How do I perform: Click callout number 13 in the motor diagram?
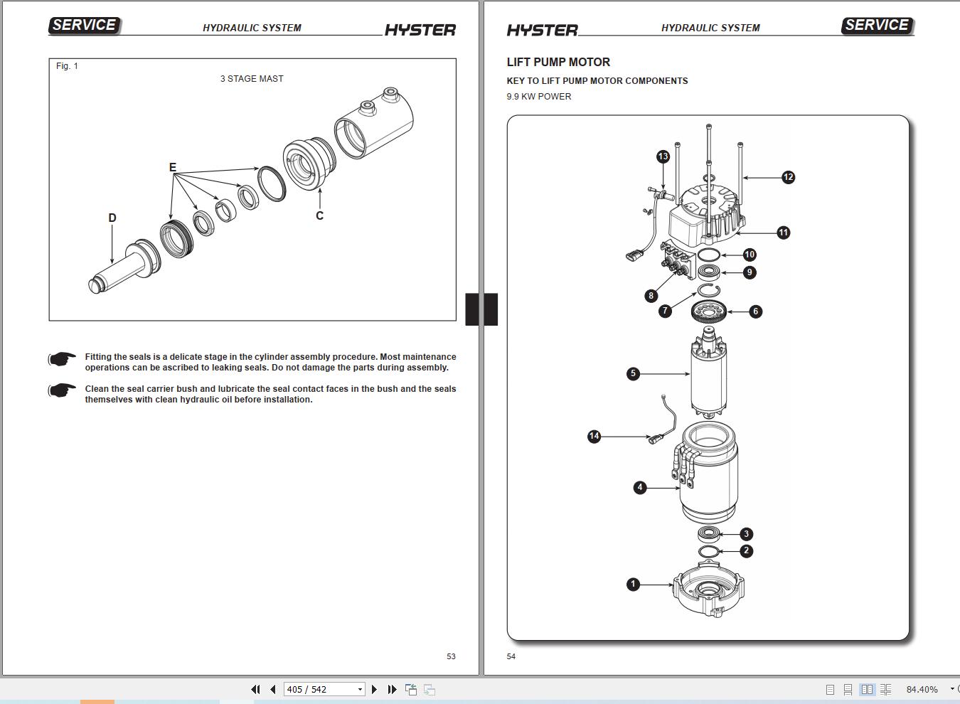tap(663, 156)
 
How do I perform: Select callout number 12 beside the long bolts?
tap(788, 177)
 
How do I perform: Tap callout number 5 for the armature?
tap(633, 373)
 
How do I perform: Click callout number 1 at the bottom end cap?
tap(633, 584)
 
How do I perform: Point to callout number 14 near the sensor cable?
tap(594, 436)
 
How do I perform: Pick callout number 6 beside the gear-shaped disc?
tap(755, 311)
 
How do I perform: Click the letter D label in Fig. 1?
tap(112, 218)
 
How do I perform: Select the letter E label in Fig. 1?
tap(172, 168)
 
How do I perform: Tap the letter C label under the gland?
tap(319, 215)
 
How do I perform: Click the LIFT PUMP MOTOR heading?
tap(558, 62)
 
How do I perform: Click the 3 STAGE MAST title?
tap(252, 79)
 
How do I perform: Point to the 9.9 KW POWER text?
tap(538, 97)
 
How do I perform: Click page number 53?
tap(451, 656)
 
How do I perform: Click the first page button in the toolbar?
tap(255, 689)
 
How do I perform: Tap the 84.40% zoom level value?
tap(922, 689)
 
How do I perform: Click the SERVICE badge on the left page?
tap(84, 25)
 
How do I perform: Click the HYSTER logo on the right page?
tap(542, 30)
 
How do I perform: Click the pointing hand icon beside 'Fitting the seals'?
tap(63, 359)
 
